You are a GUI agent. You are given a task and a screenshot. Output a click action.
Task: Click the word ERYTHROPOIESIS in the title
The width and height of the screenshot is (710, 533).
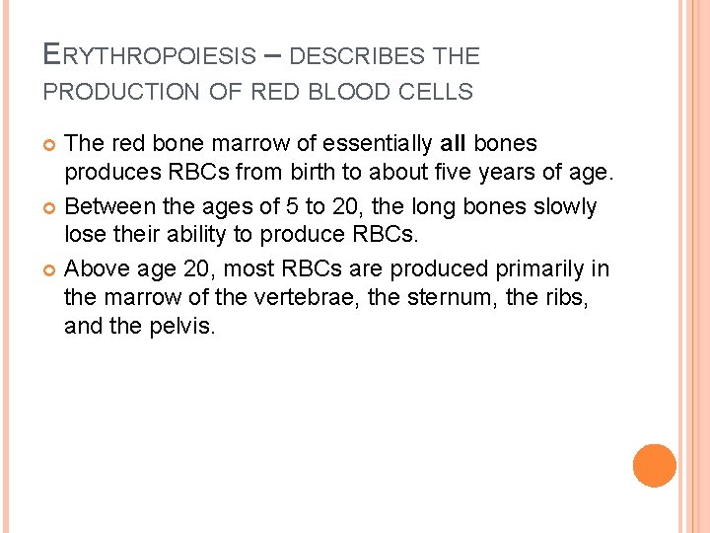coord(149,55)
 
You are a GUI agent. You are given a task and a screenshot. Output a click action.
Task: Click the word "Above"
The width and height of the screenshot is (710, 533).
coord(96,268)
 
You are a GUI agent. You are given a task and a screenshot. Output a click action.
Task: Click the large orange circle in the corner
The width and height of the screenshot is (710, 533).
coord(655,465)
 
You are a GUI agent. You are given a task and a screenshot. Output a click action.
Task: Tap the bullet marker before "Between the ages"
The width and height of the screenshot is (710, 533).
coord(51,207)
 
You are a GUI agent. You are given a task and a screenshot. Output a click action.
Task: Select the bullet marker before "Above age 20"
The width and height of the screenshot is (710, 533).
coord(51,269)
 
